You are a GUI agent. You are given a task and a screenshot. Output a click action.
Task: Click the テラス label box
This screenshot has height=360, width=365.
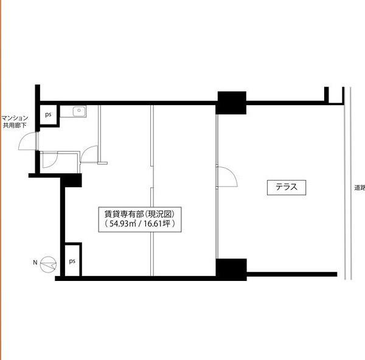pyautogui.click(x=287, y=187)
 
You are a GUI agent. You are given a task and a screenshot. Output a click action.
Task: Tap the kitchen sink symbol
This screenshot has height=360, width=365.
pyautogui.click(x=79, y=111)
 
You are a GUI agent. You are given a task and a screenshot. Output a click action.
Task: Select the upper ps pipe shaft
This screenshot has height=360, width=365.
pyautogui.click(x=49, y=115)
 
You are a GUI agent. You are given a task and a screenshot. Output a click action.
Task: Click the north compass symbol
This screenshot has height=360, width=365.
pyautogui.click(x=49, y=265)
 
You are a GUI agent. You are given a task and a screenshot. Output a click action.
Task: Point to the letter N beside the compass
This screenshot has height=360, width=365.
pyautogui.click(x=35, y=263)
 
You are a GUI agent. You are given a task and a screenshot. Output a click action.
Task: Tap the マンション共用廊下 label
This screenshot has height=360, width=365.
pyautogui.click(x=15, y=122)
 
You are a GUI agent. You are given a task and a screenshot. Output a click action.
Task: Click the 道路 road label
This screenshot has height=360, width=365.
pyautogui.click(x=360, y=188)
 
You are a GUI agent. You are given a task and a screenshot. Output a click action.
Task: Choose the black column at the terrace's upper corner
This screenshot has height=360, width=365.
pyautogui.click(x=231, y=103)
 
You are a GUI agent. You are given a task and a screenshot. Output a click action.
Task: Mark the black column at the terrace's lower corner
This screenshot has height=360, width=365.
pyautogui.click(x=231, y=269)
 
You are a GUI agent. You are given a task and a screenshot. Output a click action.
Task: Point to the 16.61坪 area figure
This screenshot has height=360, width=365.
pyautogui.click(x=157, y=224)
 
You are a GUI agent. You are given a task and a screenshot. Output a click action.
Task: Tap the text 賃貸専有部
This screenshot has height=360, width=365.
pyautogui.click(x=124, y=214)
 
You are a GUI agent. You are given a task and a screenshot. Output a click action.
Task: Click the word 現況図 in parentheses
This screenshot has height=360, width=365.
pyautogui.click(x=161, y=214)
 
